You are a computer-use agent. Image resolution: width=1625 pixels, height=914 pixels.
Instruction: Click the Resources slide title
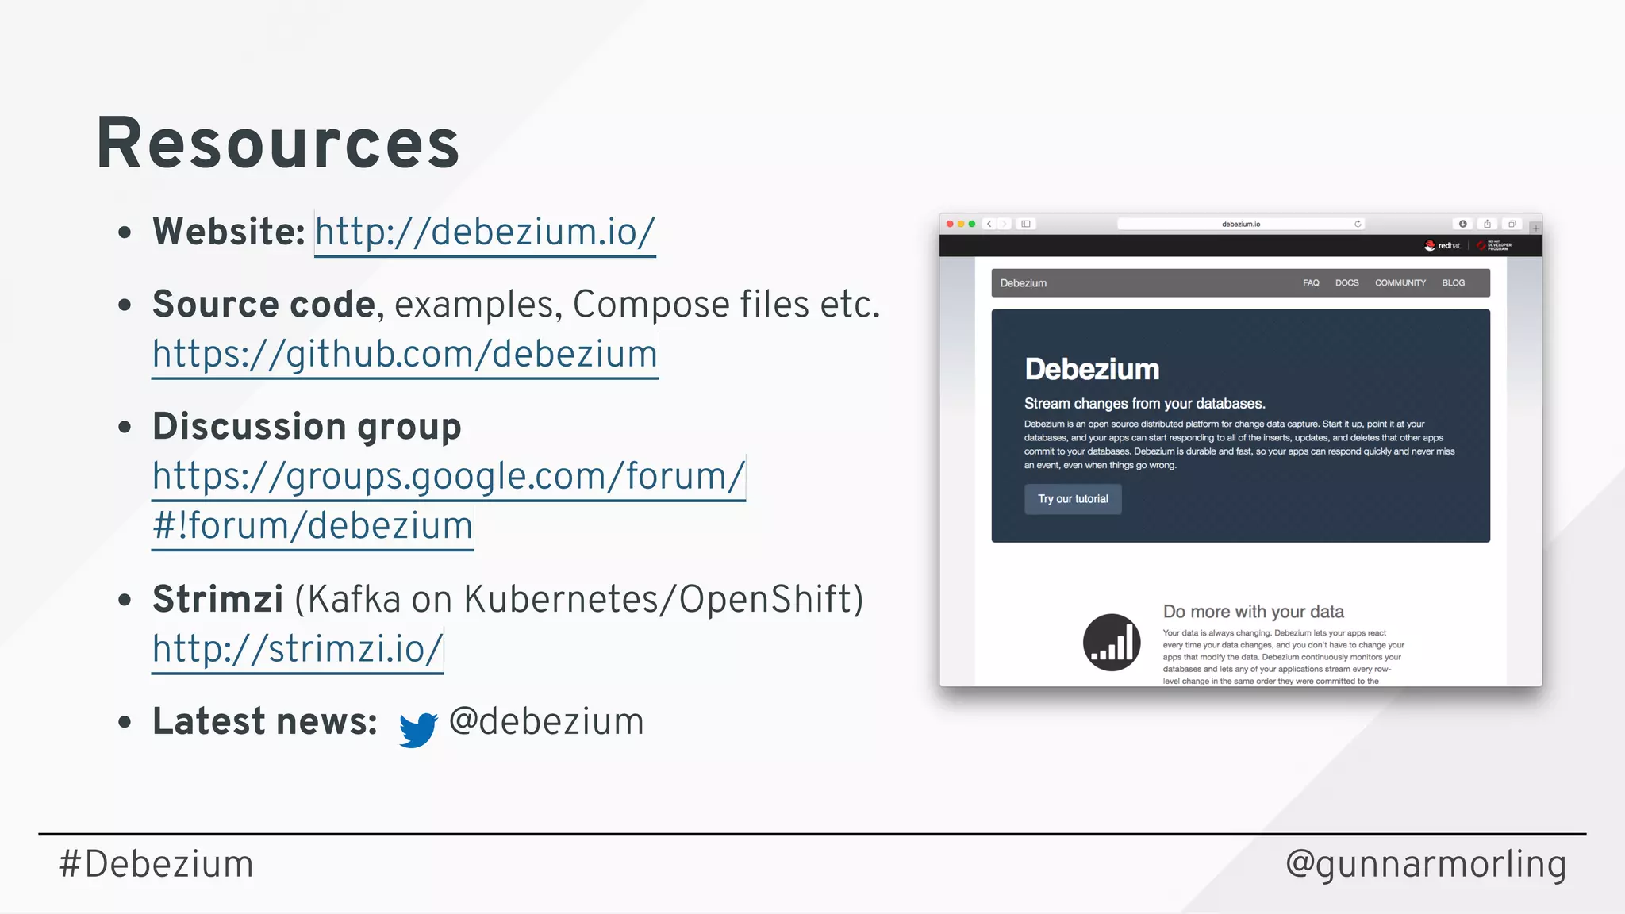point(278,144)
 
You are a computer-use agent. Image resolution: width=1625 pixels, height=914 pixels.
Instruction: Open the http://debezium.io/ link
point(485,232)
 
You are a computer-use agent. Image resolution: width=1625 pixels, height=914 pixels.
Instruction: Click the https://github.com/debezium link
point(405,354)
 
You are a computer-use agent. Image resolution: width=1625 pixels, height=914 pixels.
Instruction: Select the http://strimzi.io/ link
point(298,649)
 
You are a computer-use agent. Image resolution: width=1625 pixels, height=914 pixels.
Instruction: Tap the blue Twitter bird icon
point(418,729)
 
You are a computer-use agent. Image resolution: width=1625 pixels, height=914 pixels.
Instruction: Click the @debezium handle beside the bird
point(546,722)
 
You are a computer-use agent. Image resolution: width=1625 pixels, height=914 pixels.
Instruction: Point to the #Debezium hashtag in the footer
point(156,864)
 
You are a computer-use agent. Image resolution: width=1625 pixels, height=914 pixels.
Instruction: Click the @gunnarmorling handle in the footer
point(1426,864)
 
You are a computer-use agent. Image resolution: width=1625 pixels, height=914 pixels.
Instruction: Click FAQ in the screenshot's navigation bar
point(1311,283)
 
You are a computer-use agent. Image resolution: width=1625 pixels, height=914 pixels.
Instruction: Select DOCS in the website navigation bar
point(1346,283)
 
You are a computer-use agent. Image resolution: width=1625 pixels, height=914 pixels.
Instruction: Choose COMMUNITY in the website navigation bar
point(1400,283)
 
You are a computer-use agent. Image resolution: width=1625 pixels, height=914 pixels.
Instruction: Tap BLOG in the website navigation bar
point(1454,283)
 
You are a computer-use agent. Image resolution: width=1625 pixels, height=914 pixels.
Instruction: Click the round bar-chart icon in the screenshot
point(1112,643)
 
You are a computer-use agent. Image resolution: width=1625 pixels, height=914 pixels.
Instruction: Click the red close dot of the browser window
point(950,225)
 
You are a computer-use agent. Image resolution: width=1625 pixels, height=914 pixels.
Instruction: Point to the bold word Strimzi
point(217,599)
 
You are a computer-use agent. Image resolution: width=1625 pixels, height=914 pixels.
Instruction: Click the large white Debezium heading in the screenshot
point(1092,369)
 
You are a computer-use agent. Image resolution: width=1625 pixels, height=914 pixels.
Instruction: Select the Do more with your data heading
point(1253,612)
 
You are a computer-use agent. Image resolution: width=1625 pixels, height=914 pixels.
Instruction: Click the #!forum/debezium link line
point(313,526)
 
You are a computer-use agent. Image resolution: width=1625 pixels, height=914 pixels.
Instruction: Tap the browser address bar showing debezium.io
point(1240,225)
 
